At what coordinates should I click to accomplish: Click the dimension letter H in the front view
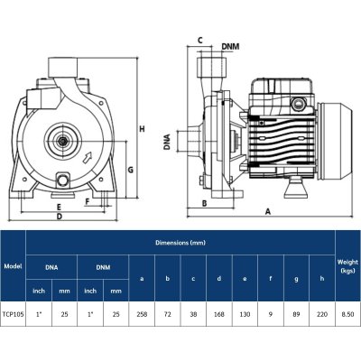click(142, 130)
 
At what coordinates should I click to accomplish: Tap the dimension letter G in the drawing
click(130, 170)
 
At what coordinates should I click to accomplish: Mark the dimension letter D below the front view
click(59, 218)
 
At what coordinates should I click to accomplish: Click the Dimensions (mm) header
click(180, 241)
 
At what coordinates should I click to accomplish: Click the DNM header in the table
click(103, 267)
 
